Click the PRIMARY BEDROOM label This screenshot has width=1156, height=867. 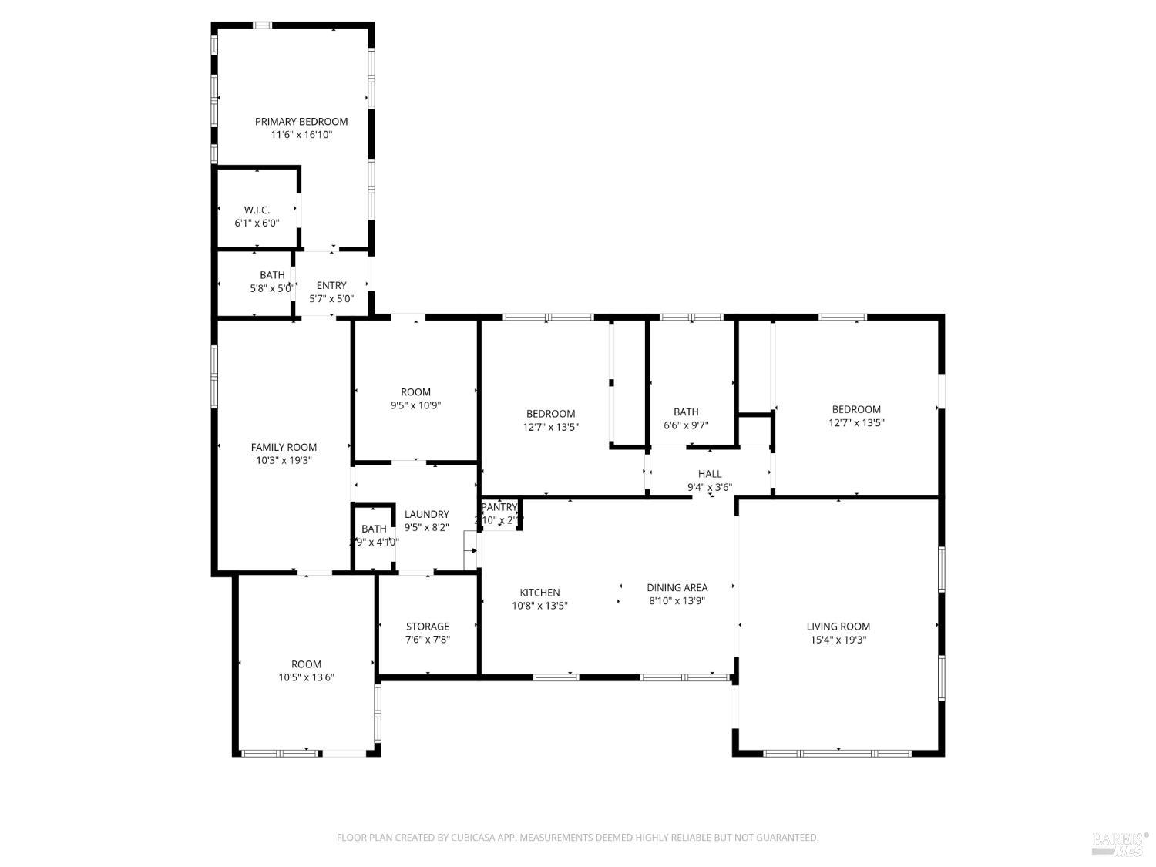click(x=301, y=122)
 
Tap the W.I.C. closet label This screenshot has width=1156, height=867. click(x=257, y=210)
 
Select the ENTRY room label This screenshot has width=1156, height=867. click(x=331, y=286)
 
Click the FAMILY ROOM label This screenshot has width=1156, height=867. click(x=284, y=448)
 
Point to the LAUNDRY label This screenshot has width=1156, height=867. click(x=426, y=515)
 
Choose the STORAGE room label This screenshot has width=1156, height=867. click(x=428, y=627)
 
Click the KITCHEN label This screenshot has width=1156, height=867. click(x=539, y=593)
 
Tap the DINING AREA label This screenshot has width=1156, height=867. click(x=677, y=588)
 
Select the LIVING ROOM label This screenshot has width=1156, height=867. click(x=838, y=627)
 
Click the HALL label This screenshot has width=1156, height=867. click(x=710, y=474)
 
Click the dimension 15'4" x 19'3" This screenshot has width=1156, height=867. click(x=838, y=640)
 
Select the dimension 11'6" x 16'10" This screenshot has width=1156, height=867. click(x=301, y=135)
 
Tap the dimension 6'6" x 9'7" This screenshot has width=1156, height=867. click(x=686, y=425)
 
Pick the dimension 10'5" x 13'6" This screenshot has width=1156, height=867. click(x=306, y=678)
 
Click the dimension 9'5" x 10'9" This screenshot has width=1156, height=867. click(x=415, y=405)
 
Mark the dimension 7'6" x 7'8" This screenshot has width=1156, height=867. click(x=428, y=640)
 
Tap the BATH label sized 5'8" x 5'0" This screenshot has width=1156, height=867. click(x=272, y=275)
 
